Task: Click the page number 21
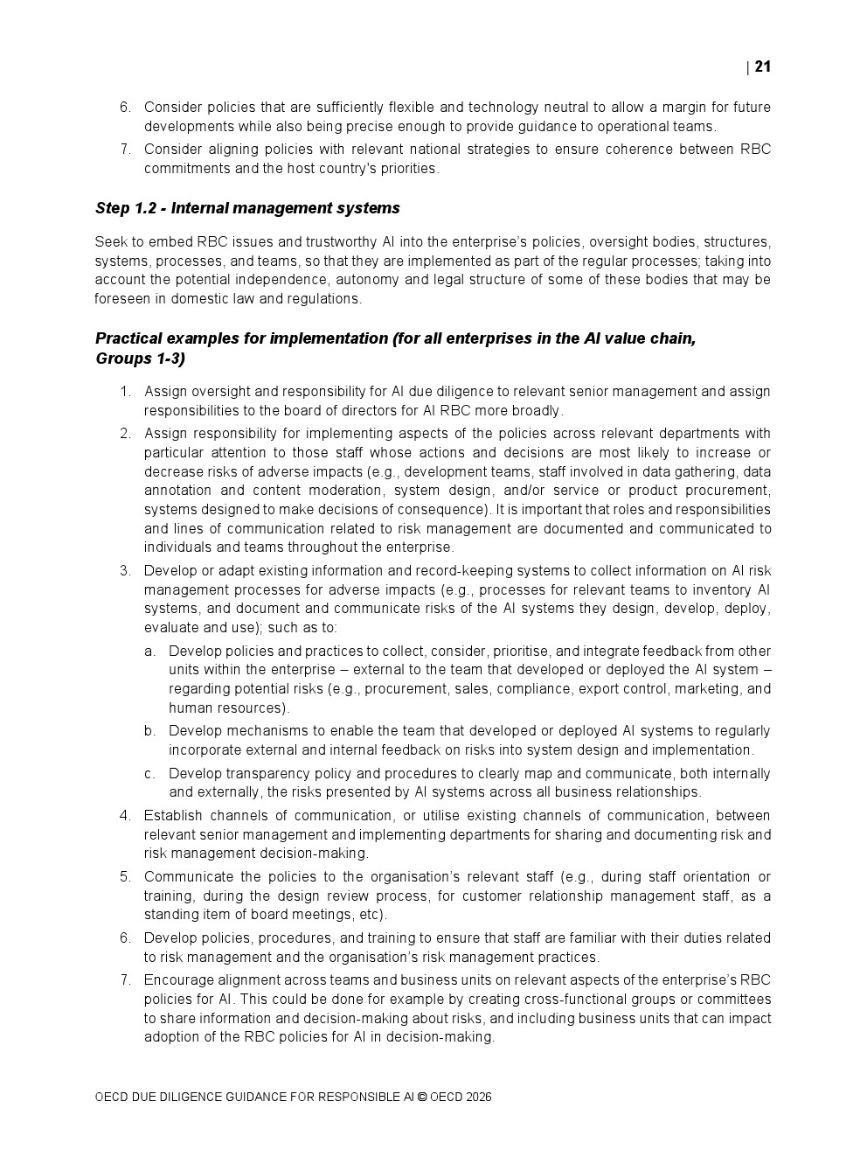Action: pos(762,67)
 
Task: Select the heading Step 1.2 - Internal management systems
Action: pos(247,208)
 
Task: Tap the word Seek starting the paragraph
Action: pos(111,242)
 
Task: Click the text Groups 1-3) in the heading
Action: pos(140,359)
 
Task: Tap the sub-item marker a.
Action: pos(150,652)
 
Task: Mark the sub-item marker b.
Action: pos(150,731)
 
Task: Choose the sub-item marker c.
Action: pos(150,774)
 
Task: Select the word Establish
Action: pos(175,816)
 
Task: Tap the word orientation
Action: pos(712,877)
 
